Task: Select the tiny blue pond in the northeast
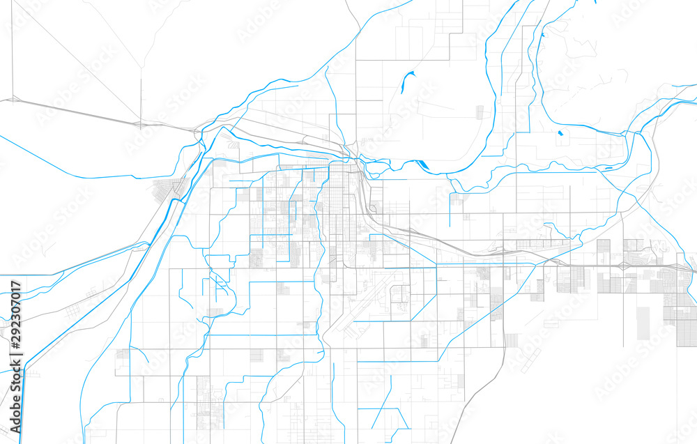click(558, 132)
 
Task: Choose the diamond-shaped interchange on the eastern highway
click(620, 267)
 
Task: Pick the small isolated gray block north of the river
click(480, 112)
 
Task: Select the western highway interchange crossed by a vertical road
click(140, 123)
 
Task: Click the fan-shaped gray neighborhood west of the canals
click(167, 188)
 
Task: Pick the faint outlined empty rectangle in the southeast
click(512, 340)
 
